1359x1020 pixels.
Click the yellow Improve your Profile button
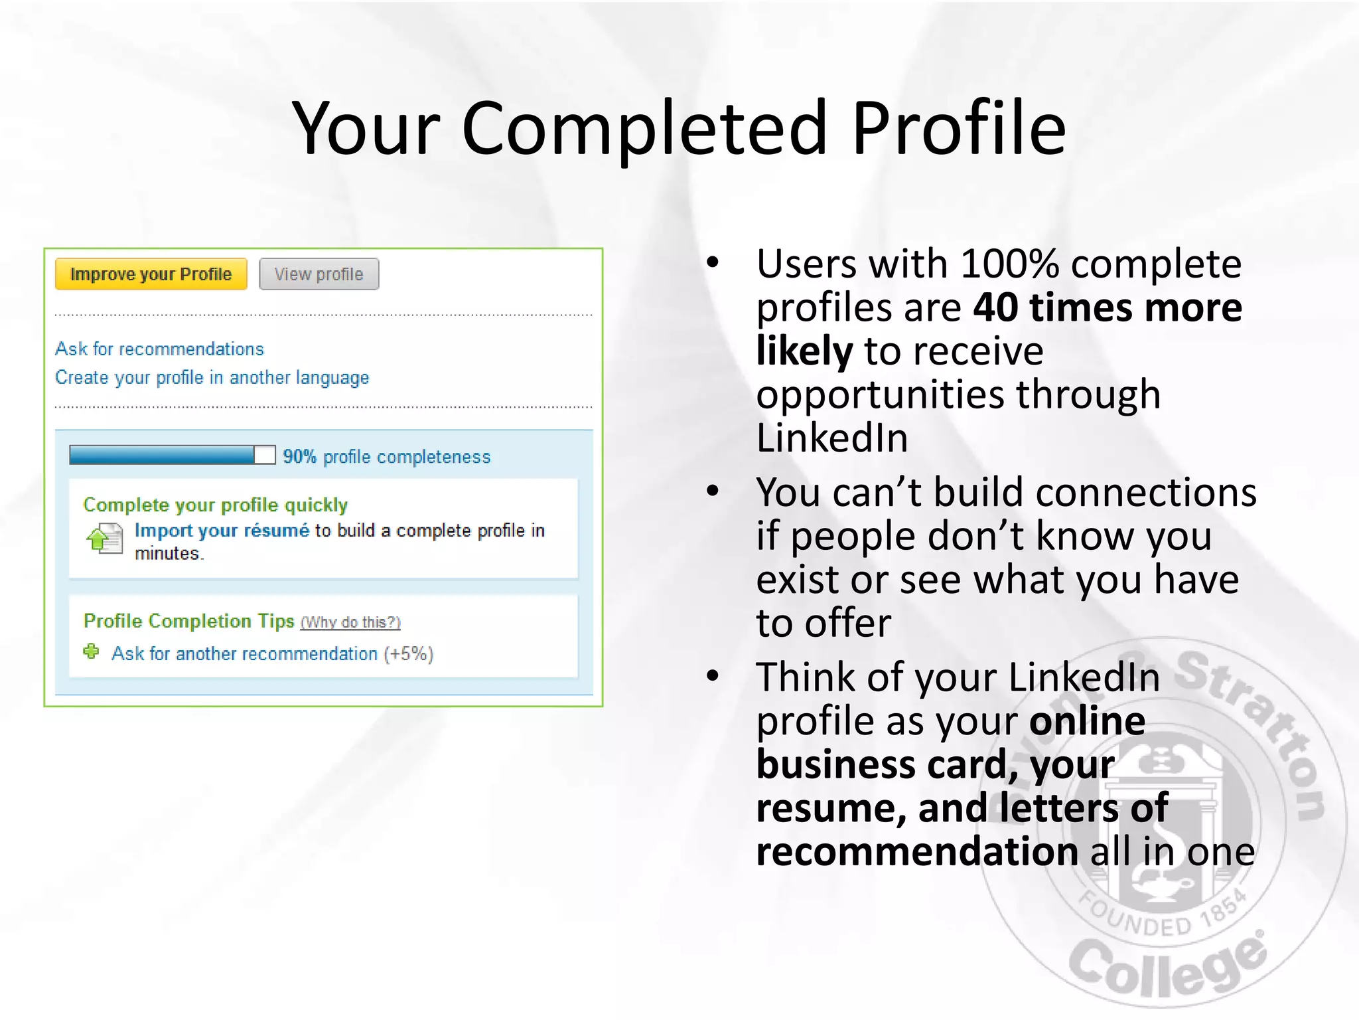coord(151,274)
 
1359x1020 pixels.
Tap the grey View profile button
coord(319,274)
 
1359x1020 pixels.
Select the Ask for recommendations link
coord(159,349)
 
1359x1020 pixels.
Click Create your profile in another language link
coord(212,378)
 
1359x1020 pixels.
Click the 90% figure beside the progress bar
coord(299,457)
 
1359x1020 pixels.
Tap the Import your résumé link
coord(222,531)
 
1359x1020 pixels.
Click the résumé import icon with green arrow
coord(105,538)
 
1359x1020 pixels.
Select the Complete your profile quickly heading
coord(215,505)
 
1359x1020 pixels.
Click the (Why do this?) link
coord(350,623)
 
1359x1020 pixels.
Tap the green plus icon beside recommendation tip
coord(92,652)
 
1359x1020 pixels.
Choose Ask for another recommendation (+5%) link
coord(272,654)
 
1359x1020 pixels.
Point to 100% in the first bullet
coord(1009,264)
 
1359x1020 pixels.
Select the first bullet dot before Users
coord(713,263)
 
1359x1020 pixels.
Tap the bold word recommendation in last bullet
coord(917,852)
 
